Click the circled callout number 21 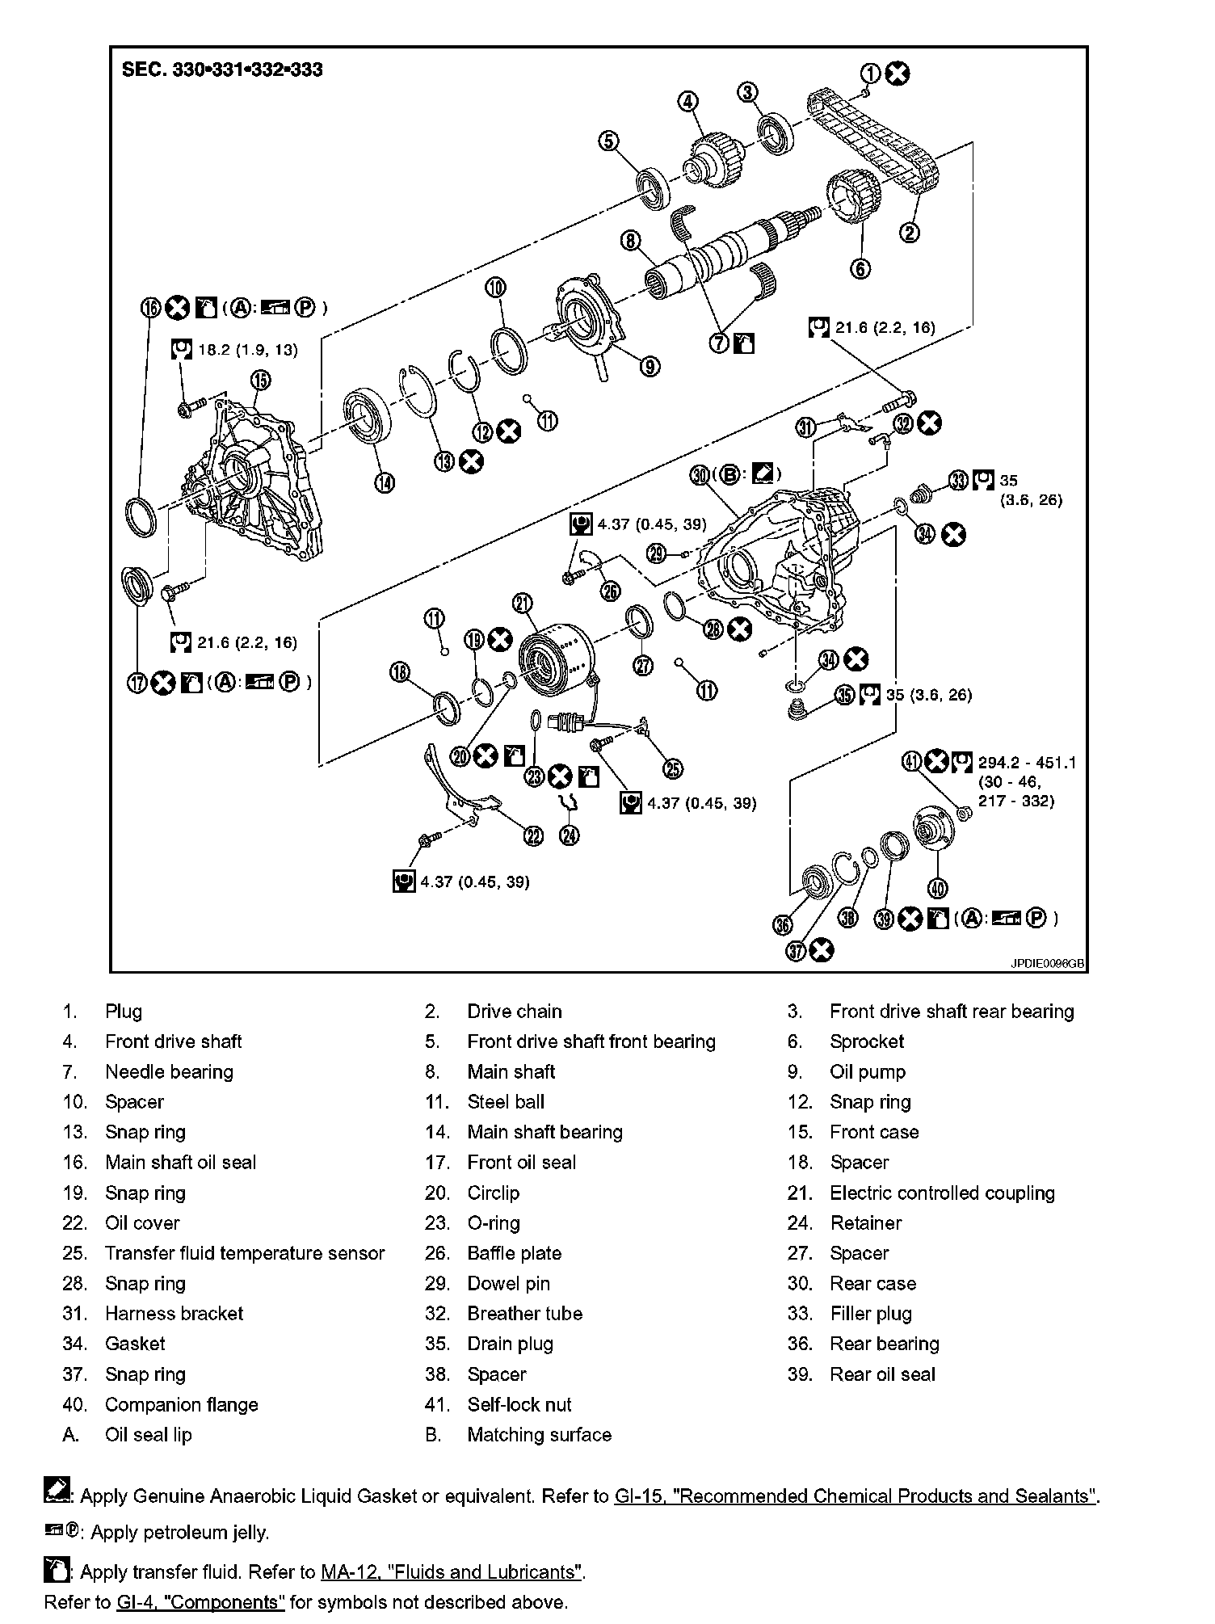522,603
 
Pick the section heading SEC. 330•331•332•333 222,69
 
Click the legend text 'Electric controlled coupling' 942,1193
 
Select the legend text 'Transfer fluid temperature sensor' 245,1253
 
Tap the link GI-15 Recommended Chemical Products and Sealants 855,1496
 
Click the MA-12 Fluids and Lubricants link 452,1571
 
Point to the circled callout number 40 936,888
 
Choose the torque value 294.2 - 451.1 1027,762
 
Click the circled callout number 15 259,380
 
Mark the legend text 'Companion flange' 182,1404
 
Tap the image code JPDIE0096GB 1046,964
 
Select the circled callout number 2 909,233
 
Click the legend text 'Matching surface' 539,1435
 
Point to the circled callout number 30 700,475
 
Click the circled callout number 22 533,836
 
